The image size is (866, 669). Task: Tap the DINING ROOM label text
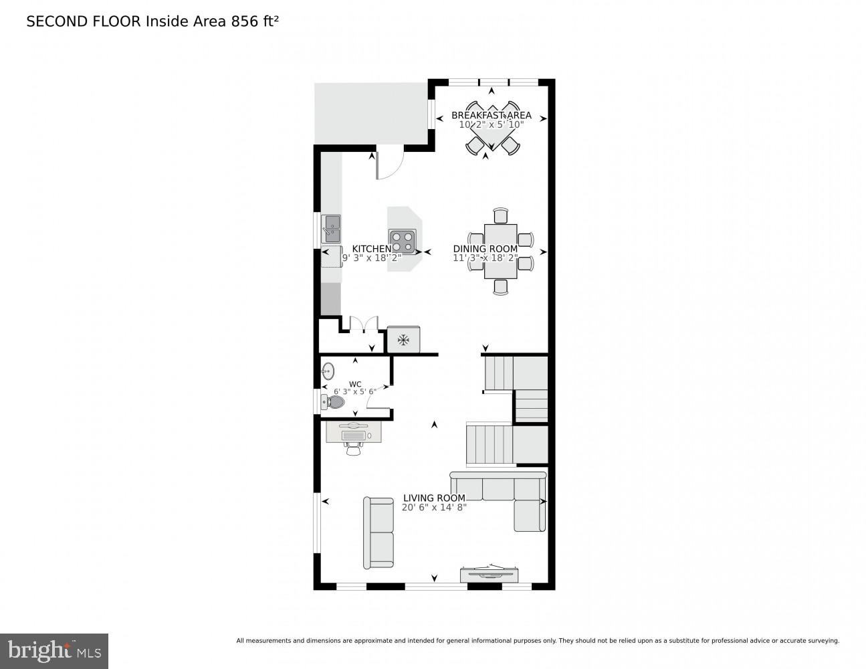click(x=485, y=249)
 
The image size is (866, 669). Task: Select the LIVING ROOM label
click(x=434, y=498)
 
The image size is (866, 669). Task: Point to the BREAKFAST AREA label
click(x=491, y=115)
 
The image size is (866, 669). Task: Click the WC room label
click(x=355, y=384)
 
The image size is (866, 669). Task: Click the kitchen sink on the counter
click(x=331, y=228)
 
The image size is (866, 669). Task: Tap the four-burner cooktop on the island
click(x=403, y=240)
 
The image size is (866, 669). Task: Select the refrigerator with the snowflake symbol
click(x=403, y=340)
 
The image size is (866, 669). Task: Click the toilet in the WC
click(x=333, y=402)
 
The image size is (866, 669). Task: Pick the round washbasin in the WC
click(x=328, y=371)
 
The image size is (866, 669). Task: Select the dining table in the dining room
click(x=500, y=251)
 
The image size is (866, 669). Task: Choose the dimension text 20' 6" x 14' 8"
click(x=434, y=507)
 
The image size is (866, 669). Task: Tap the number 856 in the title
click(x=244, y=21)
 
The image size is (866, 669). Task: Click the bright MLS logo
click(x=54, y=650)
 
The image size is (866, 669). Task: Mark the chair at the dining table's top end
click(x=501, y=215)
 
